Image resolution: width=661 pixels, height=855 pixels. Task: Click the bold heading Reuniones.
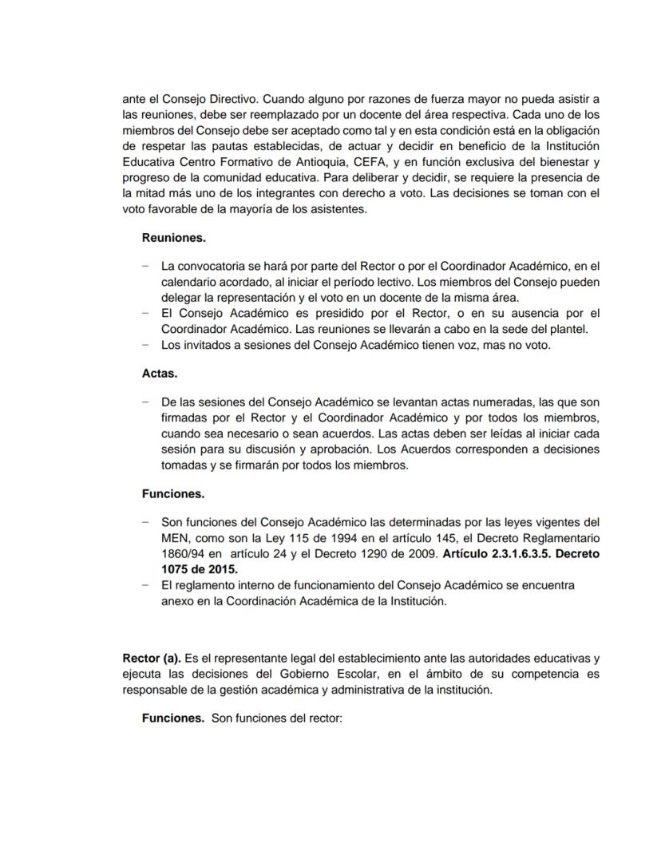point(173,237)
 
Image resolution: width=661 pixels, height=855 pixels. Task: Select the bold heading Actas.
point(160,373)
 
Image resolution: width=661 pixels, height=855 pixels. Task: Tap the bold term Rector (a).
point(152,659)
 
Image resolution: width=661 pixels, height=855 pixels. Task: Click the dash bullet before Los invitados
point(145,345)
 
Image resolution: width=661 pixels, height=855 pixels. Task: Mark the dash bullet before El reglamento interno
point(145,585)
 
